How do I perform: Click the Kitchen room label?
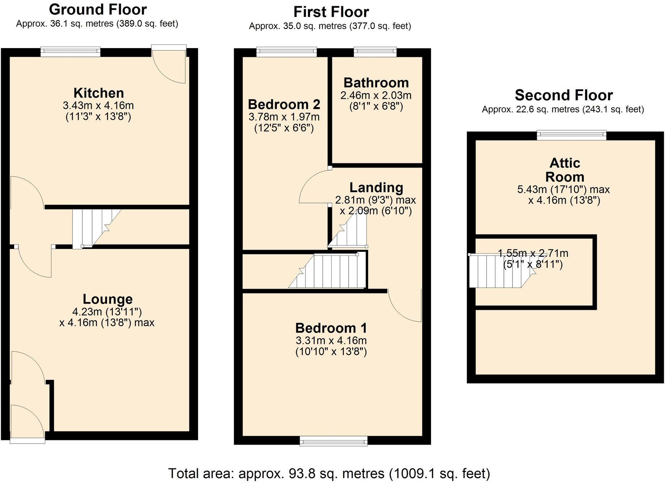pyautogui.click(x=98, y=93)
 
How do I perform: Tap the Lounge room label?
pyautogui.click(x=108, y=299)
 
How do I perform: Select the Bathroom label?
pyautogui.click(x=376, y=83)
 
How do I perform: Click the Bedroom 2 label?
pyautogui.click(x=284, y=105)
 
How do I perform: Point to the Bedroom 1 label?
pyautogui.click(x=331, y=328)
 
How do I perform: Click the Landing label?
pyautogui.click(x=376, y=187)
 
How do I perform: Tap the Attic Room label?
pyautogui.click(x=565, y=170)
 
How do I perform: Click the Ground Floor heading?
pyautogui.click(x=98, y=9)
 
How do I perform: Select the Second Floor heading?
pyautogui.click(x=564, y=95)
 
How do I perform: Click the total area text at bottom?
pyautogui.click(x=329, y=473)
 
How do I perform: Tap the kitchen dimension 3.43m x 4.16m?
pyautogui.click(x=98, y=106)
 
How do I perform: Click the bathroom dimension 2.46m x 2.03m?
pyautogui.click(x=376, y=96)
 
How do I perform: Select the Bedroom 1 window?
pyautogui.click(x=333, y=441)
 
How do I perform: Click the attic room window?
pyautogui.click(x=571, y=135)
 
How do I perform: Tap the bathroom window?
pyautogui.click(x=375, y=52)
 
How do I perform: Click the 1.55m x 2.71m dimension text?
pyautogui.click(x=533, y=253)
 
